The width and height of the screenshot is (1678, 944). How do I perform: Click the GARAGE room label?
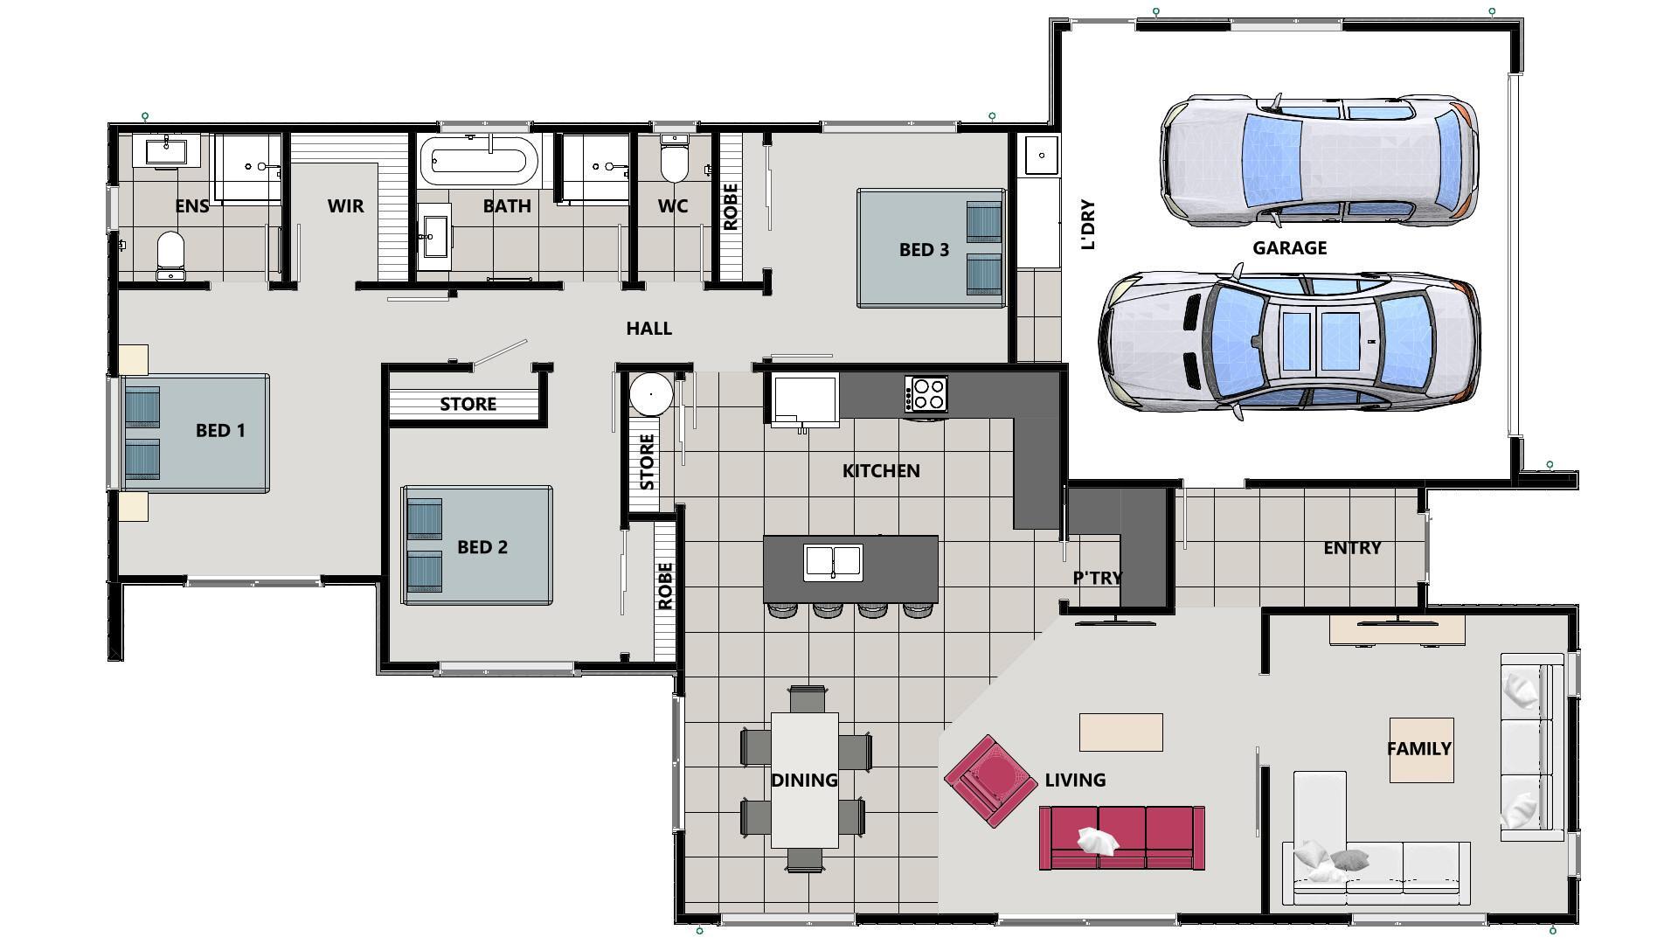(x=1289, y=248)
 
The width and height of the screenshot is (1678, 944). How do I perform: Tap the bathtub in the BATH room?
(x=477, y=161)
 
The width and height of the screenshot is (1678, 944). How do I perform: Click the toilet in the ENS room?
(x=170, y=253)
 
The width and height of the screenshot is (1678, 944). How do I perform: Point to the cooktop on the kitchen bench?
(x=926, y=393)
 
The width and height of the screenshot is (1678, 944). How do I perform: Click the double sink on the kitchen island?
(x=833, y=562)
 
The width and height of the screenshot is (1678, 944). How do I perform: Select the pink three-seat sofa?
(x=1121, y=837)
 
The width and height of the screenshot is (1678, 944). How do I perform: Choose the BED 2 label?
(x=482, y=547)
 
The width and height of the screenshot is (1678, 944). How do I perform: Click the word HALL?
(x=648, y=329)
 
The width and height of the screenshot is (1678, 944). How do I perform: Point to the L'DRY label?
(x=1088, y=225)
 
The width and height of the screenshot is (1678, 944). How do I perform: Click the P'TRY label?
(x=1097, y=578)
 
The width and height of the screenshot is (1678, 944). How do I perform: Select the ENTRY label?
(x=1351, y=548)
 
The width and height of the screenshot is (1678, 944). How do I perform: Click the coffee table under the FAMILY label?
(x=1421, y=750)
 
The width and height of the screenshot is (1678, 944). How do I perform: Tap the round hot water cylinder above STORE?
(x=651, y=394)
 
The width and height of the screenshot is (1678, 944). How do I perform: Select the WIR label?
(x=345, y=206)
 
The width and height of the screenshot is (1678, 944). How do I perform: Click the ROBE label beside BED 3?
(x=731, y=207)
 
